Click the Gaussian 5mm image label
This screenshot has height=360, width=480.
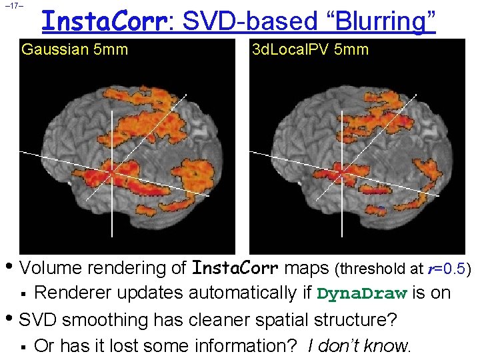tap(75, 49)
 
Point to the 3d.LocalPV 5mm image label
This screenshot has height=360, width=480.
tap(310, 49)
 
